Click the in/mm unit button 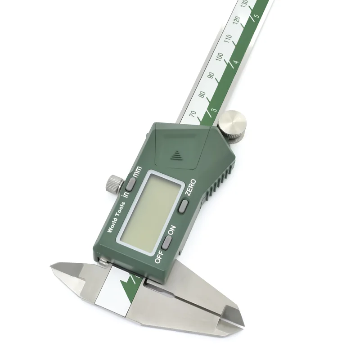click(x=130, y=184)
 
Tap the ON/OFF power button click(x=167, y=242)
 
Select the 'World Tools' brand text click(x=117, y=217)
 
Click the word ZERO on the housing click(x=191, y=187)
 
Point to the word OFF click(x=159, y=257)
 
